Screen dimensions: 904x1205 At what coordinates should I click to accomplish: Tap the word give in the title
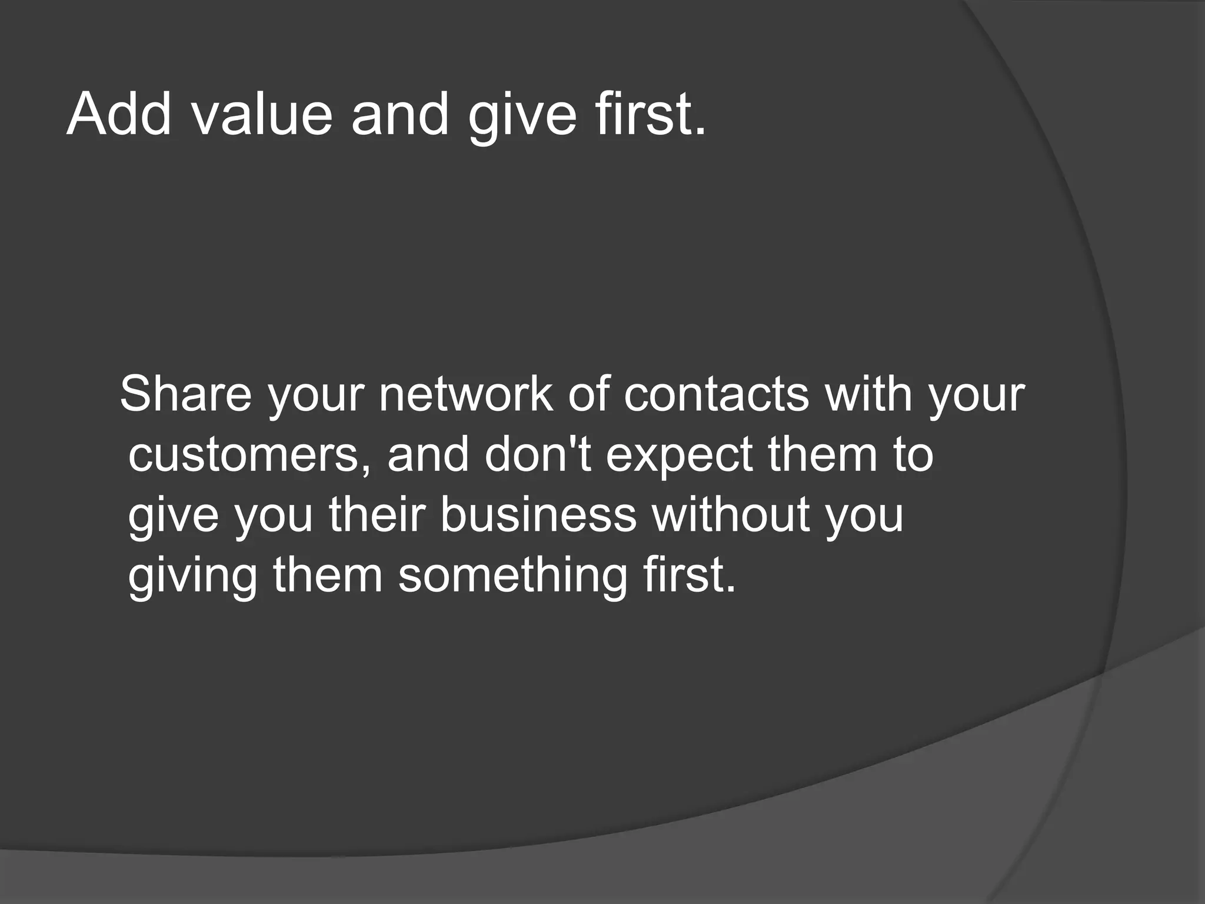pos(522,115)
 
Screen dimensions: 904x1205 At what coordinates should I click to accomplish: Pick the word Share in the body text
pos(185,393)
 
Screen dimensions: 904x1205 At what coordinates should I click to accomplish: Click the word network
pos(465,393)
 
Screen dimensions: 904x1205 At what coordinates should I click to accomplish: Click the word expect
pos(679,456)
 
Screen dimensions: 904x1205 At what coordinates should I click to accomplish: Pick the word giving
pos(192,576)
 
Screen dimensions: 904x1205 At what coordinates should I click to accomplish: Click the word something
pos(512,576)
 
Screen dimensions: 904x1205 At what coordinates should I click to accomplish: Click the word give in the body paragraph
pos(173,516)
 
